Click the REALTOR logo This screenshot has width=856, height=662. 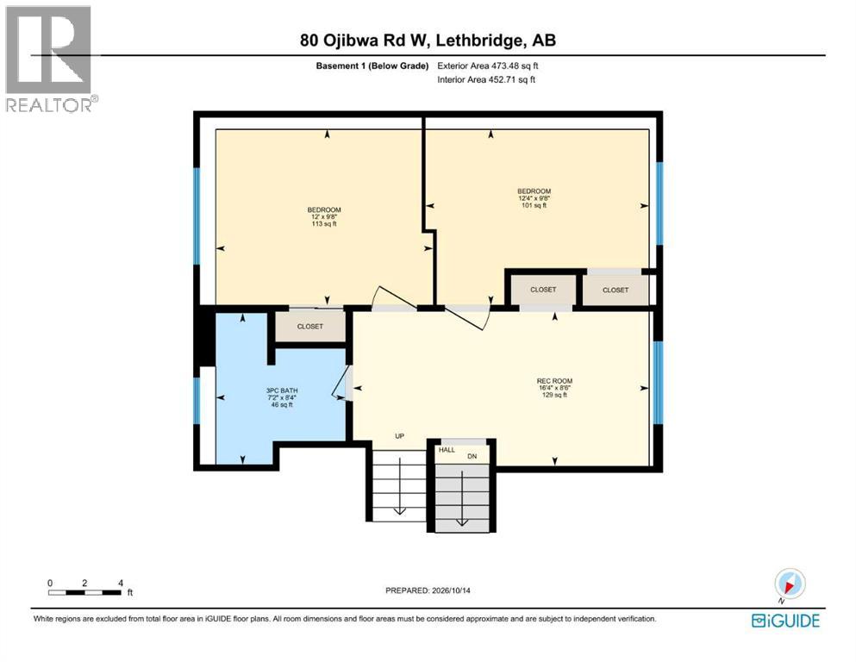(51, 59)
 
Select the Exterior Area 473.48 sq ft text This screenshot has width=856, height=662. (488, 66)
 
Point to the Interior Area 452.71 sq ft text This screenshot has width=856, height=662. (486, 79)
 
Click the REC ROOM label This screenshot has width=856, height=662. (554, 381)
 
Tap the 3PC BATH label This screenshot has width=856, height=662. (282, 390)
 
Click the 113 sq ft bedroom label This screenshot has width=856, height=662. (324, 216)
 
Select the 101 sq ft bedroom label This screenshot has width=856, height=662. (534, 198)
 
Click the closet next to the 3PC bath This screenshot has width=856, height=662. (310, 327)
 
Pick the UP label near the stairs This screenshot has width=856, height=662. (400, 436)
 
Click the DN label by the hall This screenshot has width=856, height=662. (472, 456)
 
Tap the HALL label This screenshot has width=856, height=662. (447, 450)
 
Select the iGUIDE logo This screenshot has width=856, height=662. (785, 621)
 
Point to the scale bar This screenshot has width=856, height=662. (84, 592)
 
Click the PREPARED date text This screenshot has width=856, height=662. (428, 590)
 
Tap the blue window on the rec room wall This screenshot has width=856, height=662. (659, 383)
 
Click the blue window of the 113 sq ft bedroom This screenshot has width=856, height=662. (197, 216)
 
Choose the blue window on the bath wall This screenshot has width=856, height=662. (197, 401)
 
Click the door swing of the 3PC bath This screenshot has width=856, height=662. (341, 382)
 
